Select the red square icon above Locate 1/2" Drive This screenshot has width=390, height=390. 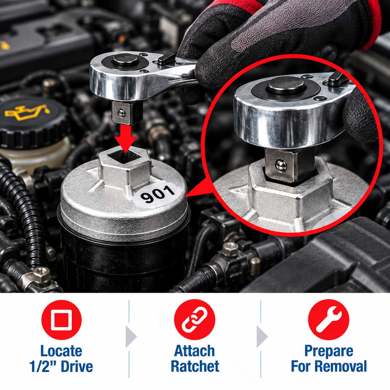point(61,320)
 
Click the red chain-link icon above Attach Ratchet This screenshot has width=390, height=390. point(195,320)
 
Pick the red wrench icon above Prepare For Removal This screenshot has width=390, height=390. point(329,320)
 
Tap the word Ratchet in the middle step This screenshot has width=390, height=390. point(195,366)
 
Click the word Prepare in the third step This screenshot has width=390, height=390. point(329,351)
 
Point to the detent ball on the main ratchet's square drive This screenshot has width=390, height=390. point(122,113)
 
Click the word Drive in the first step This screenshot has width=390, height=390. point(77,366)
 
